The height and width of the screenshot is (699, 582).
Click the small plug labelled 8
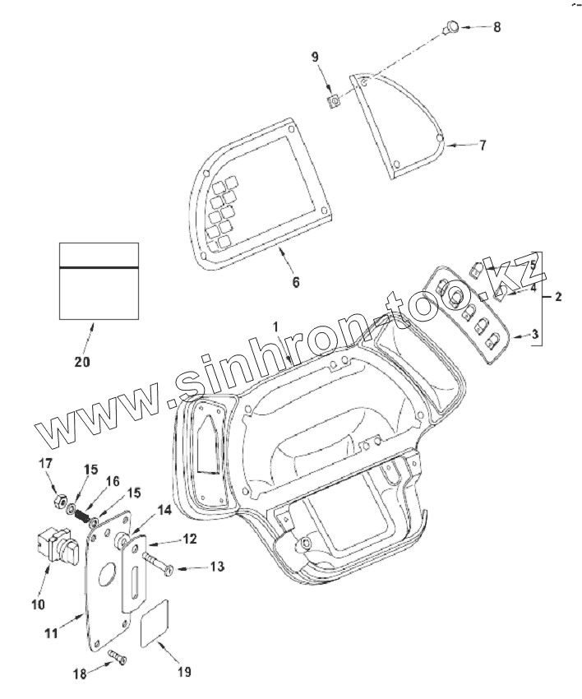tap(451, 27)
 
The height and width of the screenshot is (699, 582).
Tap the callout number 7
tap(483, 146)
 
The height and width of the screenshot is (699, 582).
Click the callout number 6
tap(296, 281)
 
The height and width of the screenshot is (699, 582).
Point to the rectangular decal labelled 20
tap(99, 280)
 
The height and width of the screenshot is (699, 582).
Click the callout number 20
tap(83, 361)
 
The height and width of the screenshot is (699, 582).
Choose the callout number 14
tap(164, 510)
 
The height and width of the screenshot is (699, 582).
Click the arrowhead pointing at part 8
tap(464, 27)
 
